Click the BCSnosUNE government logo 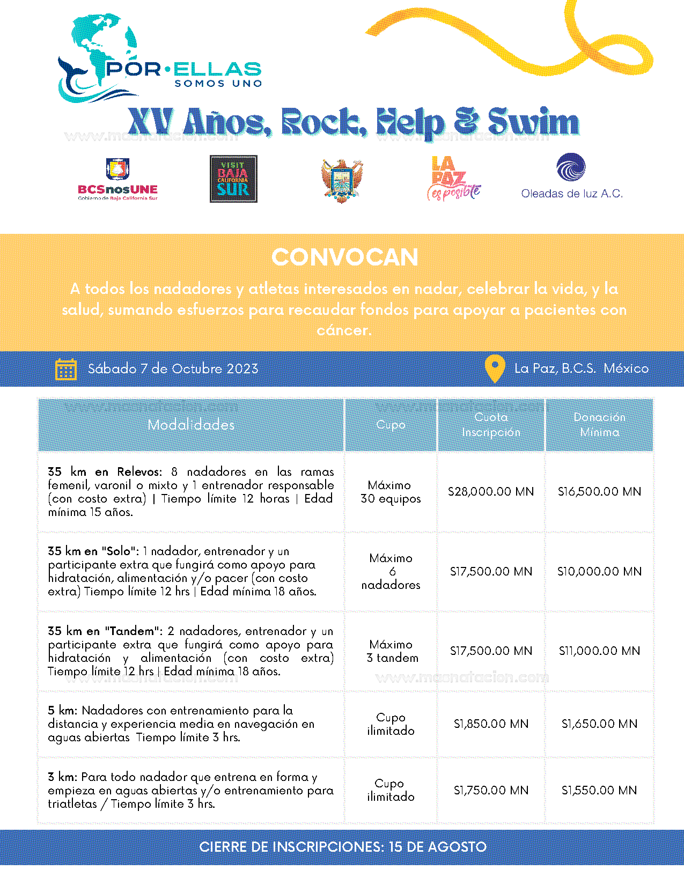click(x=117, y=179)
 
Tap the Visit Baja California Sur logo click(x=233, y=179)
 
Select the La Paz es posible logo click(x=453, y=179)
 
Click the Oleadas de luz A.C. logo click(x=571, y=177)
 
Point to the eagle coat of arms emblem click(x=342, y=180)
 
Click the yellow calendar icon click(x=66, y=369)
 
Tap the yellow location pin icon click(x=494, y=368)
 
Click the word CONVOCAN click(x=344, y=257)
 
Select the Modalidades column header click(x=191, y=425)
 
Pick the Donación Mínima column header click(x=599, y=424)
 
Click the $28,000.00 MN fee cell click(x=491, y=491)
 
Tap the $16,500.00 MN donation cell click(x=599, y=491)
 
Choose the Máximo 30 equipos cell click(x=391, y=492)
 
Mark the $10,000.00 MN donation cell click(x=599, y=571)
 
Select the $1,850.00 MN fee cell click(x=491, y=724)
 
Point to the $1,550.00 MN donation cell click(x=599, y=790)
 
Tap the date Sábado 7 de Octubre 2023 click(x=173, y=369)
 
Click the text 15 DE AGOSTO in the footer click(x=437, y=847)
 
